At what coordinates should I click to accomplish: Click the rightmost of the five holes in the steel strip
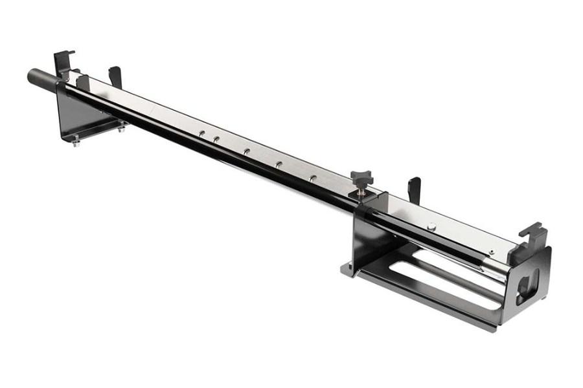(x=312, y=177)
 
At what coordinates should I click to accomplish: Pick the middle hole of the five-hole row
(x=246, y=151)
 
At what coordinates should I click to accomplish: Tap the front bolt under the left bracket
(x=76, y=141)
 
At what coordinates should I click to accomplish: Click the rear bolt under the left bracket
(x=120, y=129)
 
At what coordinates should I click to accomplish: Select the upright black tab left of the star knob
(x=115, y=76)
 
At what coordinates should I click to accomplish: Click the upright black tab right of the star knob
(x=413, y=189)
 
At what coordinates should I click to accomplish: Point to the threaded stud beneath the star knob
(x=360, y=191)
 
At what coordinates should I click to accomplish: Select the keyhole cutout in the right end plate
(x=527, y=285)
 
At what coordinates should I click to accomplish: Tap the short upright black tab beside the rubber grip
(x=82, y=81)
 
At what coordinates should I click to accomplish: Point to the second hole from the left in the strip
(x=216, y=138)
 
